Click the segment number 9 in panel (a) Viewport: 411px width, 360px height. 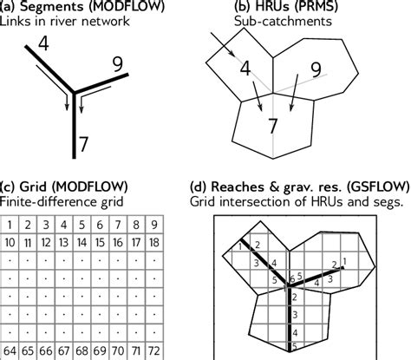(121, 63)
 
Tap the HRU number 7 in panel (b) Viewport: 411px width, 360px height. (272, 127)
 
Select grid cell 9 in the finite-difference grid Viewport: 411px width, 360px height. (153, 226)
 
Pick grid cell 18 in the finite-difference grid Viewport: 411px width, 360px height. (153, 240)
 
